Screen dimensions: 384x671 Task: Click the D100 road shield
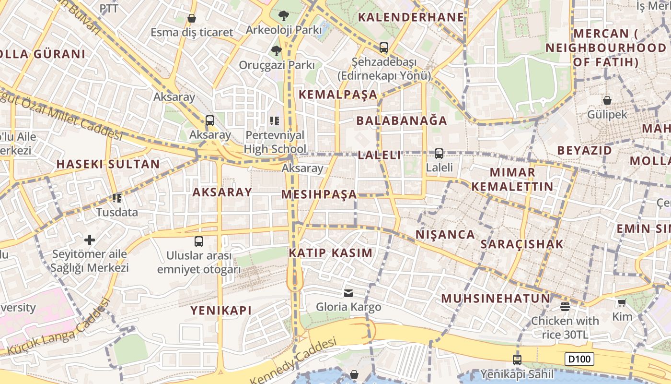click(579, 359)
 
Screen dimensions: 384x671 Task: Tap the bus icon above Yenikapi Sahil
click(517, 360)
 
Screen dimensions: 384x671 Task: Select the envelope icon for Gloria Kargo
click(348, 293)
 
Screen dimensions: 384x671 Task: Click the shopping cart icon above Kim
click(622, 302)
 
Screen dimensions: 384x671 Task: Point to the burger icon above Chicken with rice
click(565, 306)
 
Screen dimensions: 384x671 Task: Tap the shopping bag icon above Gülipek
click(607, 100)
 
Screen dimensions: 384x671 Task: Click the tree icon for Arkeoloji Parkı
click(283, 16)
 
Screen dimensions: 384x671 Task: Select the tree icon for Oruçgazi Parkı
click(276, 50)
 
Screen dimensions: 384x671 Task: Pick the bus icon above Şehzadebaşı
click(383, 48)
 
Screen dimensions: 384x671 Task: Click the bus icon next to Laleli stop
click(439, 154)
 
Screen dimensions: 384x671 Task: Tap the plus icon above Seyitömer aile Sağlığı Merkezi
click(90, 240)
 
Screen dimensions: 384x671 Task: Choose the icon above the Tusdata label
click(116, 198)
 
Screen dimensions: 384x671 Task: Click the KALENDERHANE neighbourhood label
click(411, 17)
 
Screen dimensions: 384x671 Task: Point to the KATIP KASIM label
click(330, 253)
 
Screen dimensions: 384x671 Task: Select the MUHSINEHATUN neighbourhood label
click(496, 299)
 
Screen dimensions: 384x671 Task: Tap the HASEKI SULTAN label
click(108, 164)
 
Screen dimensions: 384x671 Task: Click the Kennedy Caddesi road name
click(293, 361)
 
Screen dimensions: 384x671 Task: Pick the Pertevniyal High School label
click(275, 142)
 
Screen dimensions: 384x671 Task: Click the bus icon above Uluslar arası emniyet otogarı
click(199, 241)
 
